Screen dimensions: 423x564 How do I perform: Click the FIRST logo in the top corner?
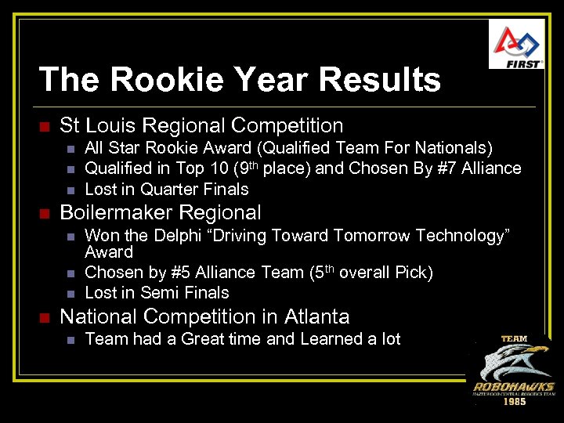pyautogui.click(x=516, y=44)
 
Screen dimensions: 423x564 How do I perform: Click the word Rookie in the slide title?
pyautogui.click(x=170, y=80)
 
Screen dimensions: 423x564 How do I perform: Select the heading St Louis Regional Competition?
pyautogui.click(x=201, y=125)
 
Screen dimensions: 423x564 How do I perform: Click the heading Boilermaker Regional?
pyautogui.click(x=161, y=212)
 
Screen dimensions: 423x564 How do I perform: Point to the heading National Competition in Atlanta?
pyautogui.click(x=204, y=316)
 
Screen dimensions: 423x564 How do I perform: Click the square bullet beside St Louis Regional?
pyautogui.click(x=45, y=127)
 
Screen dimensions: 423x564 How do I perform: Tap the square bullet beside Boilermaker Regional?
pyautogui.click(x=45, y=214)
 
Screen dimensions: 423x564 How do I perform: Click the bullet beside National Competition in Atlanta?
pyautogui.click(x=45, y=318)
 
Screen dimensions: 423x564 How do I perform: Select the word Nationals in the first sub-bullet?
pyautogui.click(x=455, y=148)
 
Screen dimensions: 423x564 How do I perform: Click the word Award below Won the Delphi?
pyautogui.click(x=109, y=252)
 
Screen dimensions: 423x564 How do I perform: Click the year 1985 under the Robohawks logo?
pyautogui.click(x=514, y=401)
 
